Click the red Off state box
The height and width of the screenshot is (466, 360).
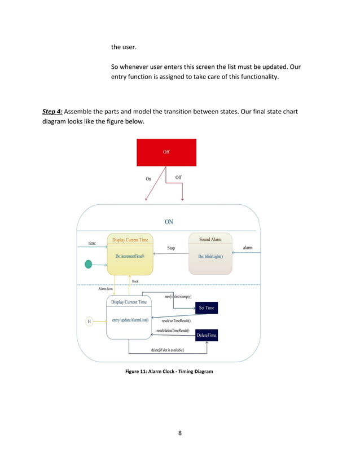(166, 152)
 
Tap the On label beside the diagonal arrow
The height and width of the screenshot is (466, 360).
(148, 179)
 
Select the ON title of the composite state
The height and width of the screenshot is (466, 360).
(169, 222)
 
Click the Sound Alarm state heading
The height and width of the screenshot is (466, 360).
(210, 239)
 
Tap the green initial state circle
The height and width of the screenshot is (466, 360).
(88, 264)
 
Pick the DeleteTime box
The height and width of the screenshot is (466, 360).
(207, 336)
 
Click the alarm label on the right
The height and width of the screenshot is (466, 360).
(248, 248)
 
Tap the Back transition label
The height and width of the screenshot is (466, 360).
(135, 280)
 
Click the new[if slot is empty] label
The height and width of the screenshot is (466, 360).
(178, 296)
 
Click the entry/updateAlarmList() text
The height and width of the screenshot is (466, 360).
(130, 320)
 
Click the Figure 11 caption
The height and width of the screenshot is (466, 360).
(169, 371)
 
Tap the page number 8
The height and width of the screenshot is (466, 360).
(180, 433)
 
